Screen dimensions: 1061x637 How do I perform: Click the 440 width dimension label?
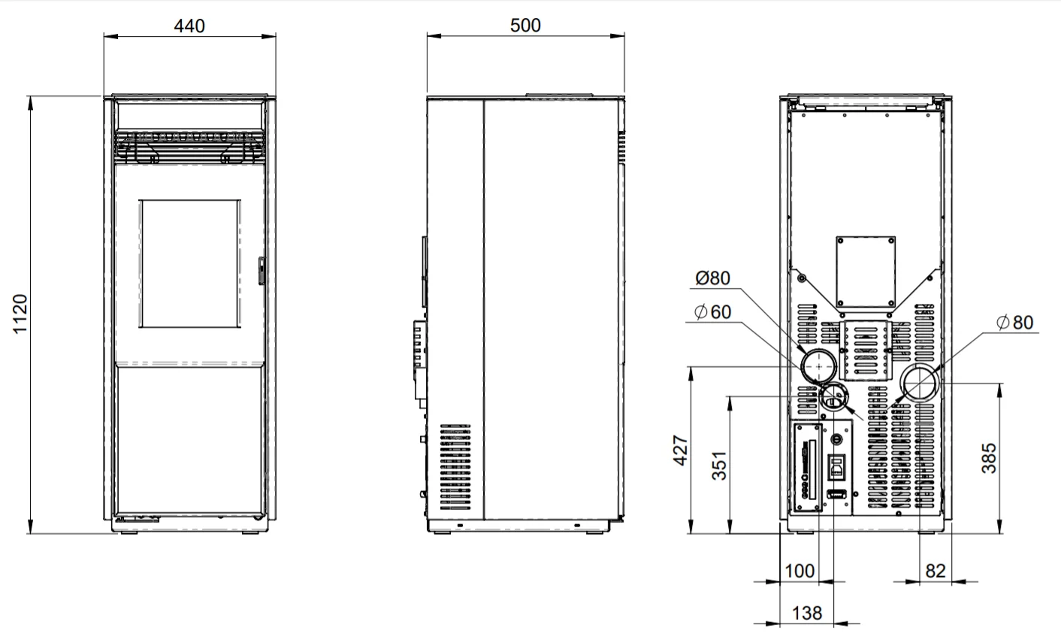click(x=189, y=26)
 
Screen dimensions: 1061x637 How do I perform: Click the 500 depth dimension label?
click(x=525, y=26)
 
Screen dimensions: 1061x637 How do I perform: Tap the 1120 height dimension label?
click(x=20, y=314)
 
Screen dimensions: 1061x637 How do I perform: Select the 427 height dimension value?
click(x=681, y=450)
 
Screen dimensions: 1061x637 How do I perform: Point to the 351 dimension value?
click(x=719, y=466)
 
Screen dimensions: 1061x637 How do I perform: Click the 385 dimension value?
click(x=989, y=458)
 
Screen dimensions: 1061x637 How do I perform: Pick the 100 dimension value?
click(x=800, y=571)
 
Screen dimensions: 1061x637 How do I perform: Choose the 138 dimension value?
click(x=807, y=613)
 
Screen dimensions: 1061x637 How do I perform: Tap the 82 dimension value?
click(x=935, y=571)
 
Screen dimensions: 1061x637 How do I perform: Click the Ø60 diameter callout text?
click(x=713, y=312)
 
